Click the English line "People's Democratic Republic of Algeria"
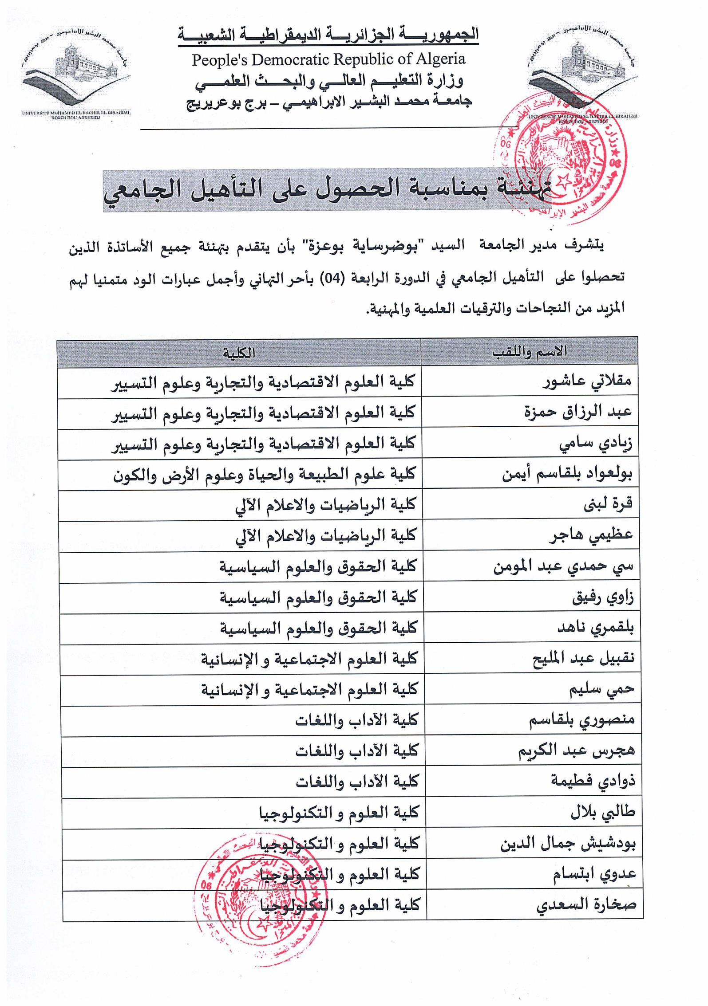[328, 59]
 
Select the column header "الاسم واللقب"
[529, 351]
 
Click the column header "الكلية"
[239, 353]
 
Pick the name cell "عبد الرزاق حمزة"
[577, 412]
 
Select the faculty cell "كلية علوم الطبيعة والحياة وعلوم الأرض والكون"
[264, 474]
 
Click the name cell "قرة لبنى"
[608, 504]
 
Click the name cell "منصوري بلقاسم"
[581, 720]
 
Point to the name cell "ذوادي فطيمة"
[593, 782]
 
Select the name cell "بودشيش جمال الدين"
[568, 843]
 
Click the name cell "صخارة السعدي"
[586, 905]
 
